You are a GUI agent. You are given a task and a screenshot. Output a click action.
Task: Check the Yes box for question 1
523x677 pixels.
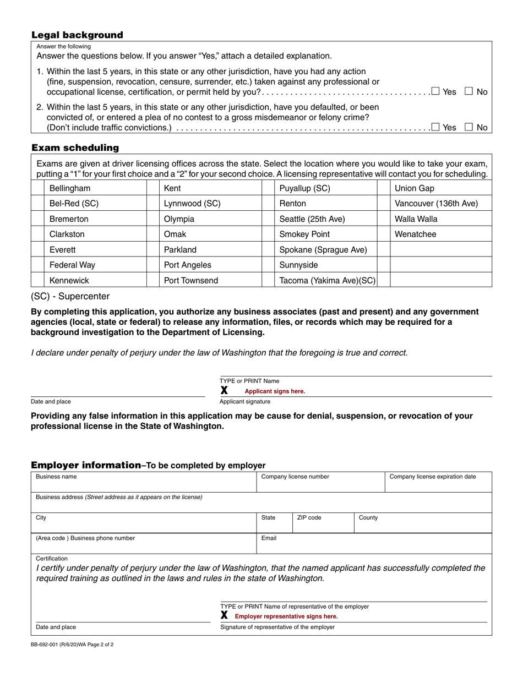pos(435,91)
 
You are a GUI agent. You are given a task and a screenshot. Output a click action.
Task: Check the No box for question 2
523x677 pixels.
pos(469,127)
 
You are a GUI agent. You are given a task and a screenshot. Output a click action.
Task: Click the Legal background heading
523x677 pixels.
pos(77,35)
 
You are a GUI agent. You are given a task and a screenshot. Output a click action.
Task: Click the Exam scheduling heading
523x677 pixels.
pos(75,148)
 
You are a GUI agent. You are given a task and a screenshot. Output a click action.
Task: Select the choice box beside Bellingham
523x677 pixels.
pos(37,188)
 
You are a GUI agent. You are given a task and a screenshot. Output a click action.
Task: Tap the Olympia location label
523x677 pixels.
pos(179,219)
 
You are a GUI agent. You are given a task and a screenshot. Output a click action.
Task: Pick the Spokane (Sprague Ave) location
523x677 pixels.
pos(323,250)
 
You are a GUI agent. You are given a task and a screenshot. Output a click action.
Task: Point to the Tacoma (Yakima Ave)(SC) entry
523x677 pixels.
pos(327,281)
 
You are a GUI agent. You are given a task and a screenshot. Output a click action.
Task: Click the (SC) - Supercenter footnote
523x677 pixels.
pos(70,297)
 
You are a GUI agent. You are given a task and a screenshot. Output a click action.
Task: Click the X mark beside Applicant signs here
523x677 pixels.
pos(224,391)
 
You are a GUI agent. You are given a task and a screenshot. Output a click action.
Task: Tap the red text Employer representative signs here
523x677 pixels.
pos(286,616)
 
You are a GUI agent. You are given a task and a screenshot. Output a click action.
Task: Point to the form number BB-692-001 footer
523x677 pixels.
pos(72,644)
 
